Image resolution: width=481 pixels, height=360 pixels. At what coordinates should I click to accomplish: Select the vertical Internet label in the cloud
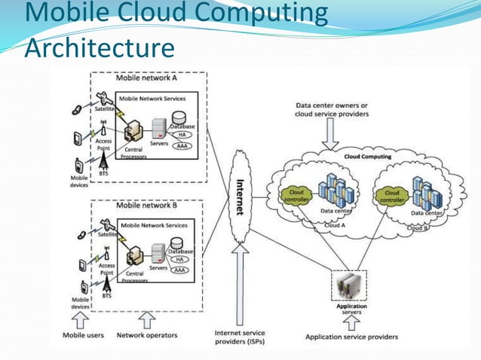[x=240, y=197]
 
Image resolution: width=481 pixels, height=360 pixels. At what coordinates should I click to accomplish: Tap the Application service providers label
[x=351, y=337]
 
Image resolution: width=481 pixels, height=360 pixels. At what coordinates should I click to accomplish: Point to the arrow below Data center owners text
[x=331, y=135]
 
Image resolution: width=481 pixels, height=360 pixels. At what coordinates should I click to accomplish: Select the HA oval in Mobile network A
[x=182, y=134]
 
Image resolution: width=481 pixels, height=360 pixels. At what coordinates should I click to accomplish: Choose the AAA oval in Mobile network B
[x=180, y=270]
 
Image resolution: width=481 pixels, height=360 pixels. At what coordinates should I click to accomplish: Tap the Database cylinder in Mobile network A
[x=179, y=118]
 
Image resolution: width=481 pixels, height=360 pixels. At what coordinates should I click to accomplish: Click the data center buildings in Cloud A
[x=331, y=192]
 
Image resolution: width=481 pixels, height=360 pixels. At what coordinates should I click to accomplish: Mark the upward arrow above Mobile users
[x=80, y=319]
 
